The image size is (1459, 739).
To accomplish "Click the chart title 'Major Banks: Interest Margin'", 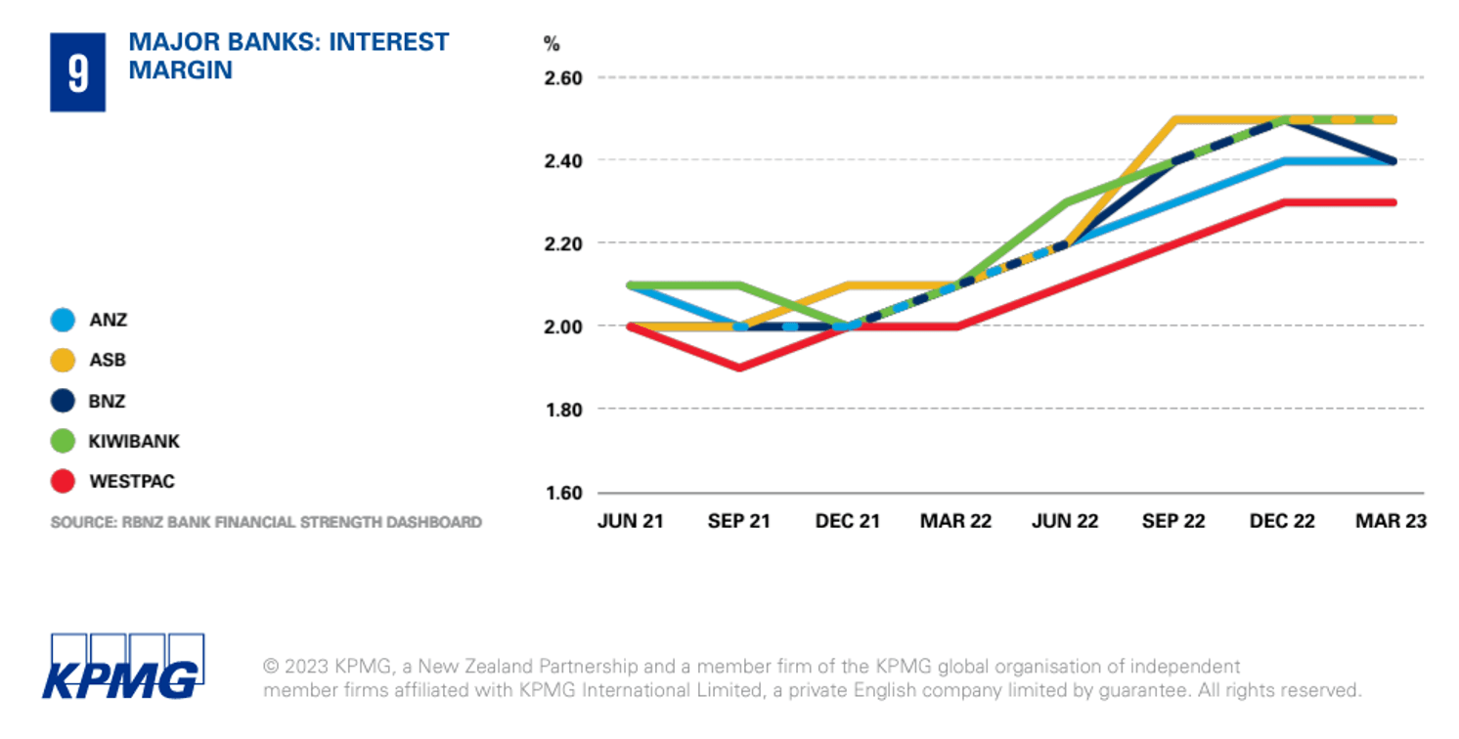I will [x=288, y=56].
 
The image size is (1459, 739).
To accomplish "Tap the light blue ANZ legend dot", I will [x=63, y=320].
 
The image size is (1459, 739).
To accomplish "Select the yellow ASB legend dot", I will [x=63, y=360].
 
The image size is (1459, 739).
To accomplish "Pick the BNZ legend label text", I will [x=108, y=401].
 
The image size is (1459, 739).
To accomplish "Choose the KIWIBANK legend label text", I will [x=135, y=441].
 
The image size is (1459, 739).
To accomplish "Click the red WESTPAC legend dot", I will [x=63, y=481].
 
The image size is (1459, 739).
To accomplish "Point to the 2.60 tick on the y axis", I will [x=562, y=77].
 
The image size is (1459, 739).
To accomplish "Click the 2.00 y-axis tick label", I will [x=562, y=326].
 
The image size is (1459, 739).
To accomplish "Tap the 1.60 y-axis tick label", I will [x=562, y=493].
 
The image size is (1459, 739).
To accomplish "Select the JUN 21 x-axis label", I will [x=630, y=522].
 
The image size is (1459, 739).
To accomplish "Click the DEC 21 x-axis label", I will [x=847, y=522].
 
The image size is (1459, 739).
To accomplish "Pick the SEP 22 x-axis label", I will [x=1173, y=522].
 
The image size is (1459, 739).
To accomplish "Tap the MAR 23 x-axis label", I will [x=1391, y=522].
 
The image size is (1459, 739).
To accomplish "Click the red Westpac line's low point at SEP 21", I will [x=739, y=369].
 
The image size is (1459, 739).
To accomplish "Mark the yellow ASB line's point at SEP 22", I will [x=1173, y=119].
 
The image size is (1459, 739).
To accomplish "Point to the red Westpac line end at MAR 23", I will [x=1393, y=202].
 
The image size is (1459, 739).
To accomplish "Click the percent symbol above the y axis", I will [x=552, y=43].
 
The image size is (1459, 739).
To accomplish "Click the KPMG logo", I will [x=122, y=667].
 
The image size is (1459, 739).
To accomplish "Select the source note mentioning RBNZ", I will [x=266, y=522].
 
